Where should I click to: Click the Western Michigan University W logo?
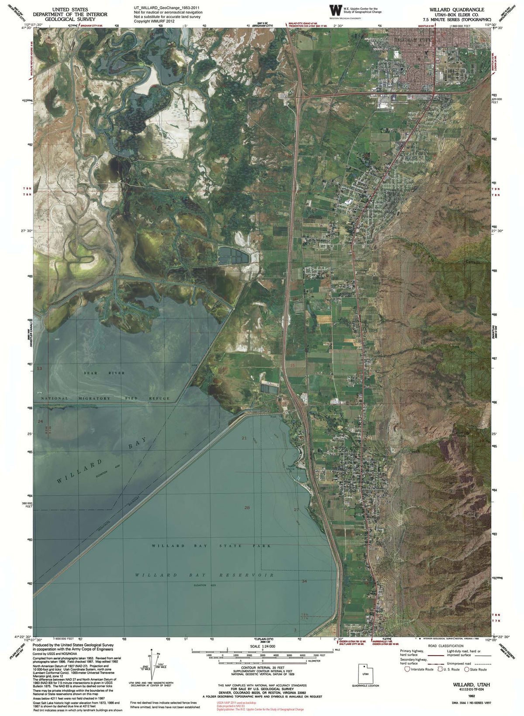pyautogui.click(x=335, y=10)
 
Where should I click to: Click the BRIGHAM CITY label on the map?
pyautogui.click(x=412, y=39)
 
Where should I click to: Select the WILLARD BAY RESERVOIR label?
pyautogui.click(x=204, y=575)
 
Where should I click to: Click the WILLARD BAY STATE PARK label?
pyautogui.click(x=211, y=546)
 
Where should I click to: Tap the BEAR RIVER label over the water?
pyautogui.click(x=105, y=373)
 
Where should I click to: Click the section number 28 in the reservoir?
pyautogui.click(x=247, y=507)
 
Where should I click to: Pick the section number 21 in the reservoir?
pyautogui.click(x=244, y=438)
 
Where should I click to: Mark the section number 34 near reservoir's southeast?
pyautogui.click(x=304, y=581)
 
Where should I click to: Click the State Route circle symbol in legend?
pyautogui.click(x=466, y=669)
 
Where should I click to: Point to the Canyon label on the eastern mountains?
pyautogui.click(x=471, y=262)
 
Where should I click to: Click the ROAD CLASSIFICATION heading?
pyautogui.click(x=446, y=646)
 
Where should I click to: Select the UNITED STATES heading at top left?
pyautogui.click(x=70, y=9)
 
